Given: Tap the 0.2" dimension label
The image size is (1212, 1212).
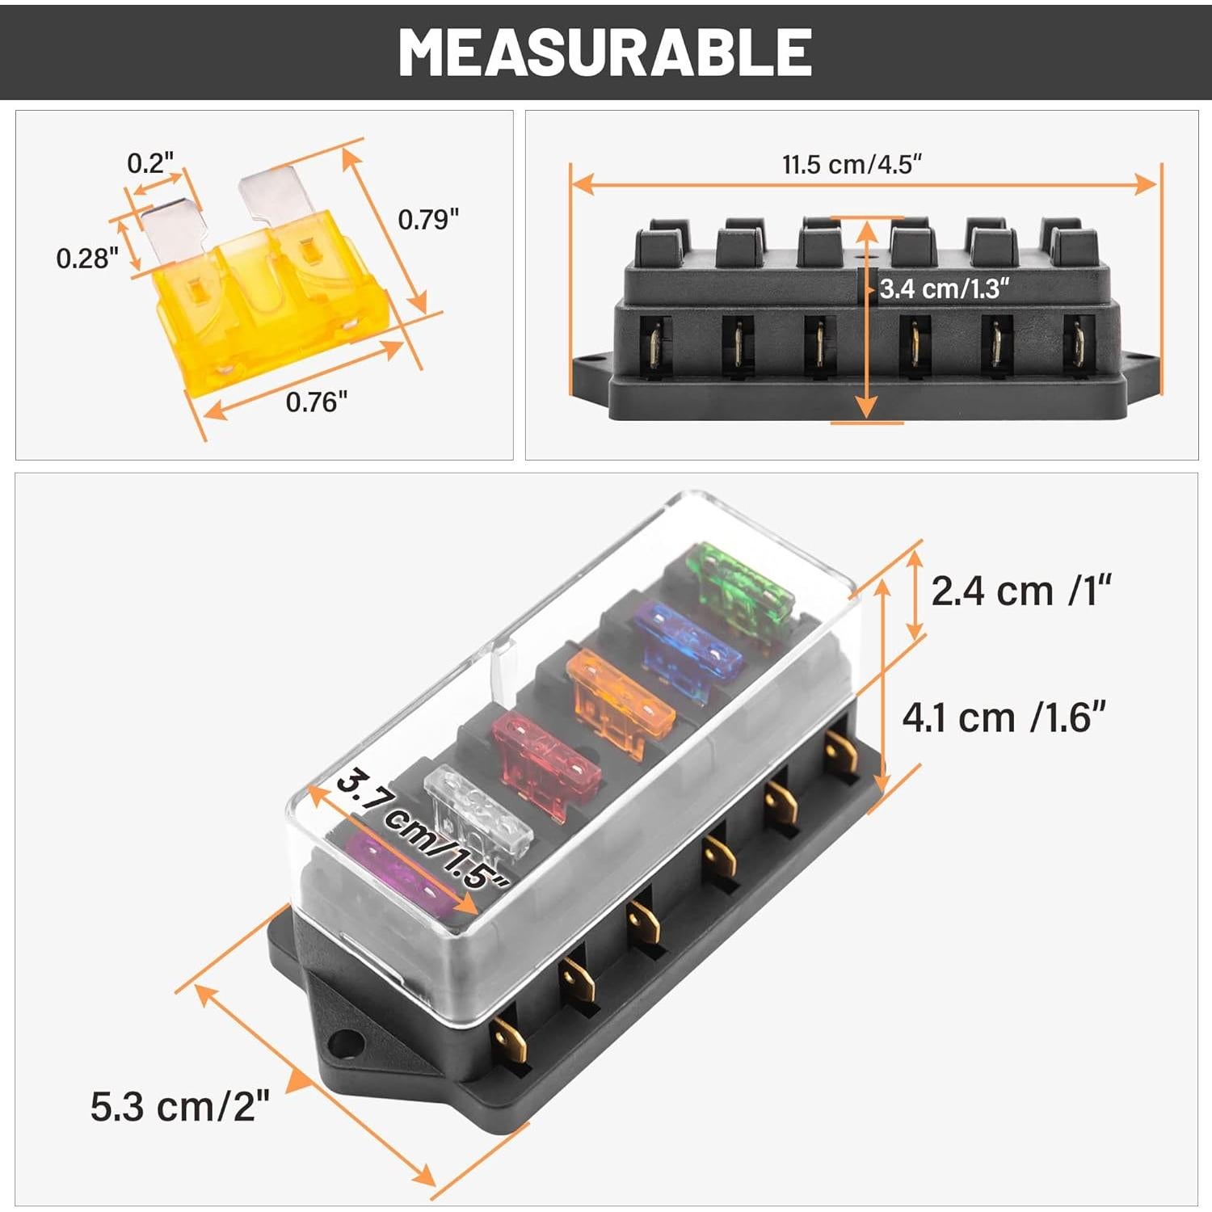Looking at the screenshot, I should coord(150,163).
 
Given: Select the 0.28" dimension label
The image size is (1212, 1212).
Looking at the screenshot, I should coord(87,259).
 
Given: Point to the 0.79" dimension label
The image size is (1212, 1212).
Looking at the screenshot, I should coord(428,219).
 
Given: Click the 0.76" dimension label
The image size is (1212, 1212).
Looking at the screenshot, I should coord(316,402).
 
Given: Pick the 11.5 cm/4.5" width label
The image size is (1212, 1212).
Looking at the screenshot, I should coord(852,165).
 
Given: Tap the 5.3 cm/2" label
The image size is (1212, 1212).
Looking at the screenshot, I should coord(179,1106).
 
